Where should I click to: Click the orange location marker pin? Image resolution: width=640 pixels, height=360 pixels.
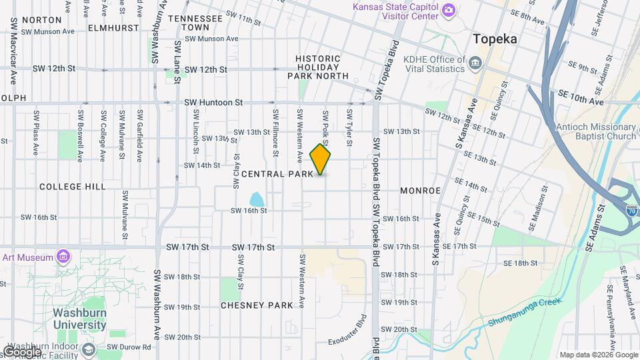pyautogui.click(x=321, y=161)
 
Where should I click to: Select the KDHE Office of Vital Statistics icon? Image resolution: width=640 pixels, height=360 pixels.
pyautogui.click(x=475, y=64)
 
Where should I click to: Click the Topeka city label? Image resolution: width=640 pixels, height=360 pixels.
pyautogui.click(x=495, y=39)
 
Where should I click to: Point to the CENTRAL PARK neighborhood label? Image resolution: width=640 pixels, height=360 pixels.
pyautogui.click(x=277, y=174)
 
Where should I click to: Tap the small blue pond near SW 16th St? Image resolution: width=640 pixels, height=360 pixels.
pyautogui.click(x=256, y=199)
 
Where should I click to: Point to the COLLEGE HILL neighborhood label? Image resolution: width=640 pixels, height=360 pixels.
pyautogui.click(x=73, y=187)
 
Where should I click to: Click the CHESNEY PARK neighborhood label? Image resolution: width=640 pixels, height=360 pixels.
pyautogui.click(x=257, y=305)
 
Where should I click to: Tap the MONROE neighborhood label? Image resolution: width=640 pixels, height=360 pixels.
pyautogui.click(x=420, y=191)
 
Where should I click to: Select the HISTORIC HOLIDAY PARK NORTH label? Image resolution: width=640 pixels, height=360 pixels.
pyautogui.click(x=318, y=67)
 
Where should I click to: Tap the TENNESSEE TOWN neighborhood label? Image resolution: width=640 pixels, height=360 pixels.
pyautogui.click(x=195, y=23)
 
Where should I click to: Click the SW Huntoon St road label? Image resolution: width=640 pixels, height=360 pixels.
pyautogui.click(x=213, y=103)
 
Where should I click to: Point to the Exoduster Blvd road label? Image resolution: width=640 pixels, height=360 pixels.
pyautogui.click(x=347, y=331)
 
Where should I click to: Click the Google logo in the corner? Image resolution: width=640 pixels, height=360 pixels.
pyautogui.click(x=21, y=351)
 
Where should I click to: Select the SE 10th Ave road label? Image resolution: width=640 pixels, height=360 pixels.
pyautogui.click(x=581, y=97)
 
